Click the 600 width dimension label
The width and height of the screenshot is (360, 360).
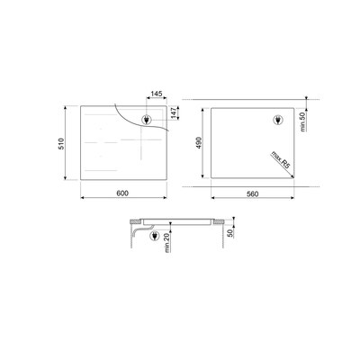(122, 193)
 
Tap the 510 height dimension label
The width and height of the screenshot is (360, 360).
(61, 144)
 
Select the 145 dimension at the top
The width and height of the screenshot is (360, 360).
(157, 94)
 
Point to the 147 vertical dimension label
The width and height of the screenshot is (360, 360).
(174, 113)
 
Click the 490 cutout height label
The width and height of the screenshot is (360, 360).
(199, 143)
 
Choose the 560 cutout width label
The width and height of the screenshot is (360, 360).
(253, 194)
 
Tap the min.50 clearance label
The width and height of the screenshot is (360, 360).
(302, 121)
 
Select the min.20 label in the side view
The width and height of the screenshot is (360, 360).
(167, 242)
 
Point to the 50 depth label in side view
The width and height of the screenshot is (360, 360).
(230, 233)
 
